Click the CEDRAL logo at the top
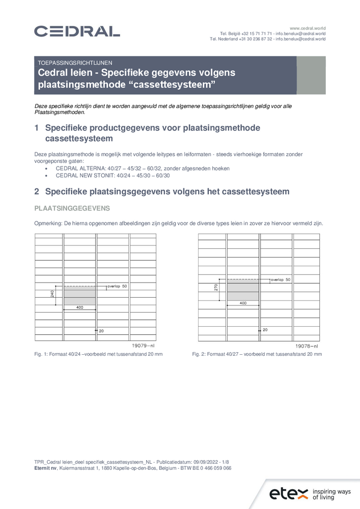pyautogui.click(x=77, y=32)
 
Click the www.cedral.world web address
pyautogui.click(x=308, y=27)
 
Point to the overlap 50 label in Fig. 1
pyautogui.click(x=117, y=287)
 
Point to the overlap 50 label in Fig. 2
pyautogui.click(x=281, y=279)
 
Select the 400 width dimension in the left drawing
pyautogui.click(x=79, y=308)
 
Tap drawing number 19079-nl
pyautogui.click(x=144, y=345)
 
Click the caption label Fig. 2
pyautogui.click(x=199, y=354)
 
